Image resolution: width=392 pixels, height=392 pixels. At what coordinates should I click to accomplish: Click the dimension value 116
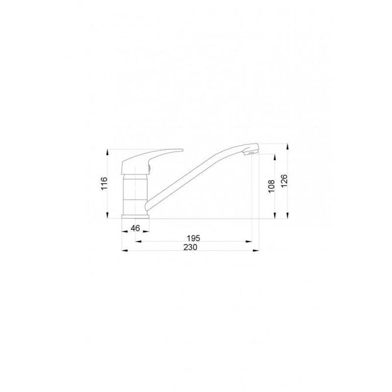pos(104,184)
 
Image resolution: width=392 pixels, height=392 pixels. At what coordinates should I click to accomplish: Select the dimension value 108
pos(271,186)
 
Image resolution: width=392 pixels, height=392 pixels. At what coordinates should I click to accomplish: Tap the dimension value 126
pos(284,181)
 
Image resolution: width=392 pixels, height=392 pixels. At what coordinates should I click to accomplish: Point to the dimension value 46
pos(135,228)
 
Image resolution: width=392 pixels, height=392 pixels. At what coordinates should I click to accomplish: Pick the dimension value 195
pos(194,238)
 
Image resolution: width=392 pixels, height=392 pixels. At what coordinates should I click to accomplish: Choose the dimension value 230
pos(190,247)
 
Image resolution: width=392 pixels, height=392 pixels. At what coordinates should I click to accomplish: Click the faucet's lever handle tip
pos(182,150)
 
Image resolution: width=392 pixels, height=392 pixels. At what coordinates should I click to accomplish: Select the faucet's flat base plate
pos(135,216)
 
